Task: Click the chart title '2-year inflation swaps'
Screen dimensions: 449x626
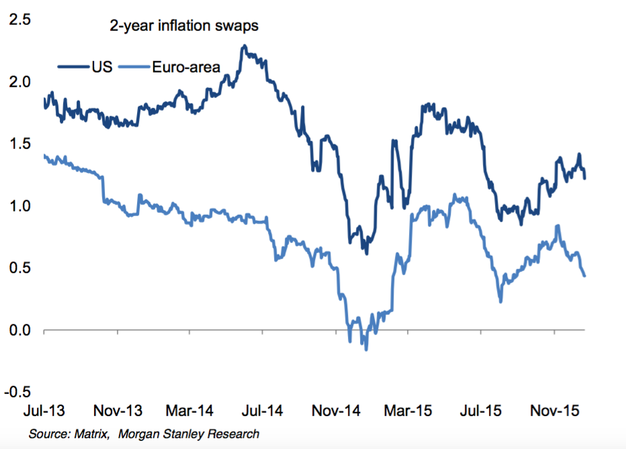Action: [185, 27]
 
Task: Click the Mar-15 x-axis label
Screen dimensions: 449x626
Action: [406, 410]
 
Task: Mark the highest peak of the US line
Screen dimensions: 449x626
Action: [244, 46]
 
